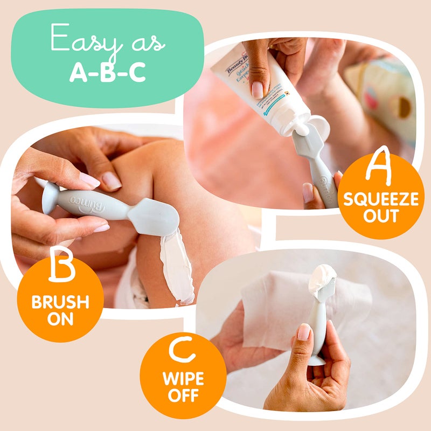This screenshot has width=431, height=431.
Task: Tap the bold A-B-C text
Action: (108, 72)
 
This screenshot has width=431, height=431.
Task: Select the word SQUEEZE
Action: (381, 200)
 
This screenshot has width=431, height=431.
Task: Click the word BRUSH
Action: (60, 302)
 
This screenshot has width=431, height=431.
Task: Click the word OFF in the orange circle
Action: (183, 396)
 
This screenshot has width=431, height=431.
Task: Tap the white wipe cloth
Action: (275, 312)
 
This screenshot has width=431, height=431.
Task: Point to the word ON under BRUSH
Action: (60, 319)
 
